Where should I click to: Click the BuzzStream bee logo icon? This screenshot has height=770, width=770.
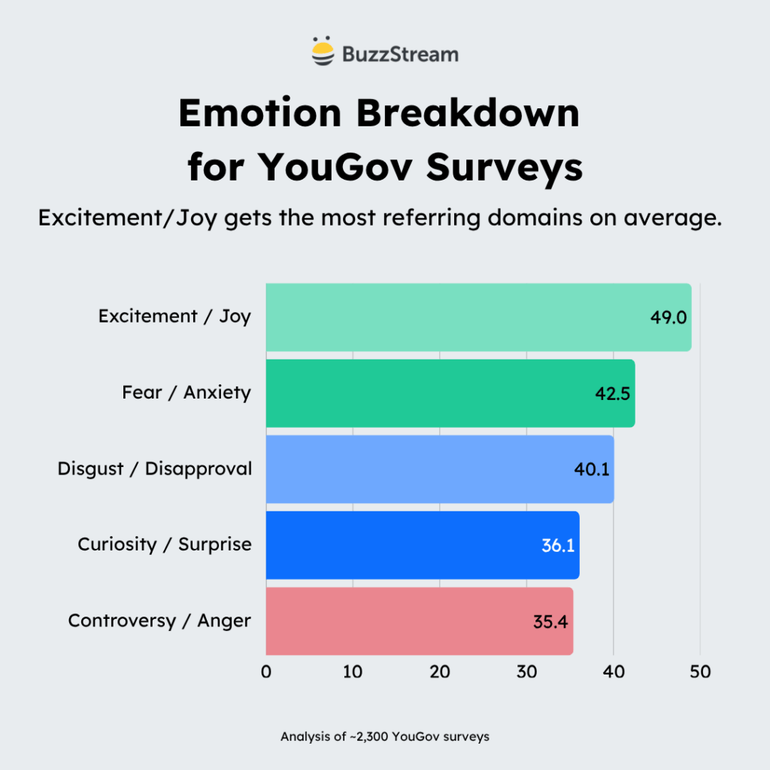(x=323, y=53)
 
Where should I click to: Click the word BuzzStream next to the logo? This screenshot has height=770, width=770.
(x=399, y=54)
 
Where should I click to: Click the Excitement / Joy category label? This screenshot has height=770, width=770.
(x=174, y=317)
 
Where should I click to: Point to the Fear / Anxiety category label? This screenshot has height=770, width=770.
(x=186, y=393)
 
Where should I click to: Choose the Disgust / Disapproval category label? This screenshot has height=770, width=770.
(x=155, y=468)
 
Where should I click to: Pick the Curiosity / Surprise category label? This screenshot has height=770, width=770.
(x=165, y=544)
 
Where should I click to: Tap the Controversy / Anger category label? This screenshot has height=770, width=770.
(x=159, y=620)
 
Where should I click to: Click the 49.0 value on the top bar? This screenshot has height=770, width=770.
(x=668, y=317)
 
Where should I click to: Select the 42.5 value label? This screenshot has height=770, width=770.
(x=612, y=393)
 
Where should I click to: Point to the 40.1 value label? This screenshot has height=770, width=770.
(x=591, y=469)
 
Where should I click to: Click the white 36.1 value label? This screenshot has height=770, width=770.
(x=557, y=545)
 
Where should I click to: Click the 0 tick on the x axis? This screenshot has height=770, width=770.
(x=266, y=672)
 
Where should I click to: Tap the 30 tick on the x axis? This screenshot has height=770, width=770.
(x=526, y=672)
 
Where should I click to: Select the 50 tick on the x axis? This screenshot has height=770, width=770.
(x=700, y=672)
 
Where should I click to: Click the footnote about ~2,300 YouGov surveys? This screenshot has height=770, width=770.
(x=385, y=737)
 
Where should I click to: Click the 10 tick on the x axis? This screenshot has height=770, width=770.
(x=353, y=672)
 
